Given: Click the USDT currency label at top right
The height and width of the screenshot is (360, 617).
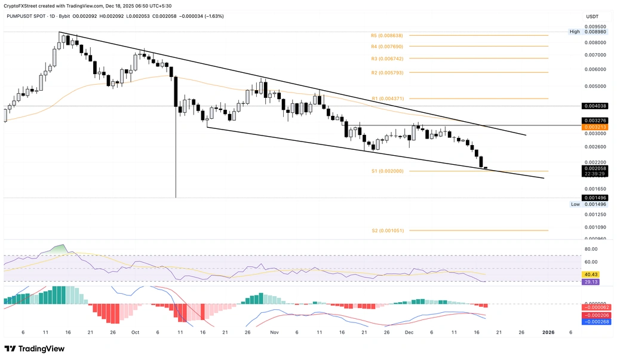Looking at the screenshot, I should [593, 17].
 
